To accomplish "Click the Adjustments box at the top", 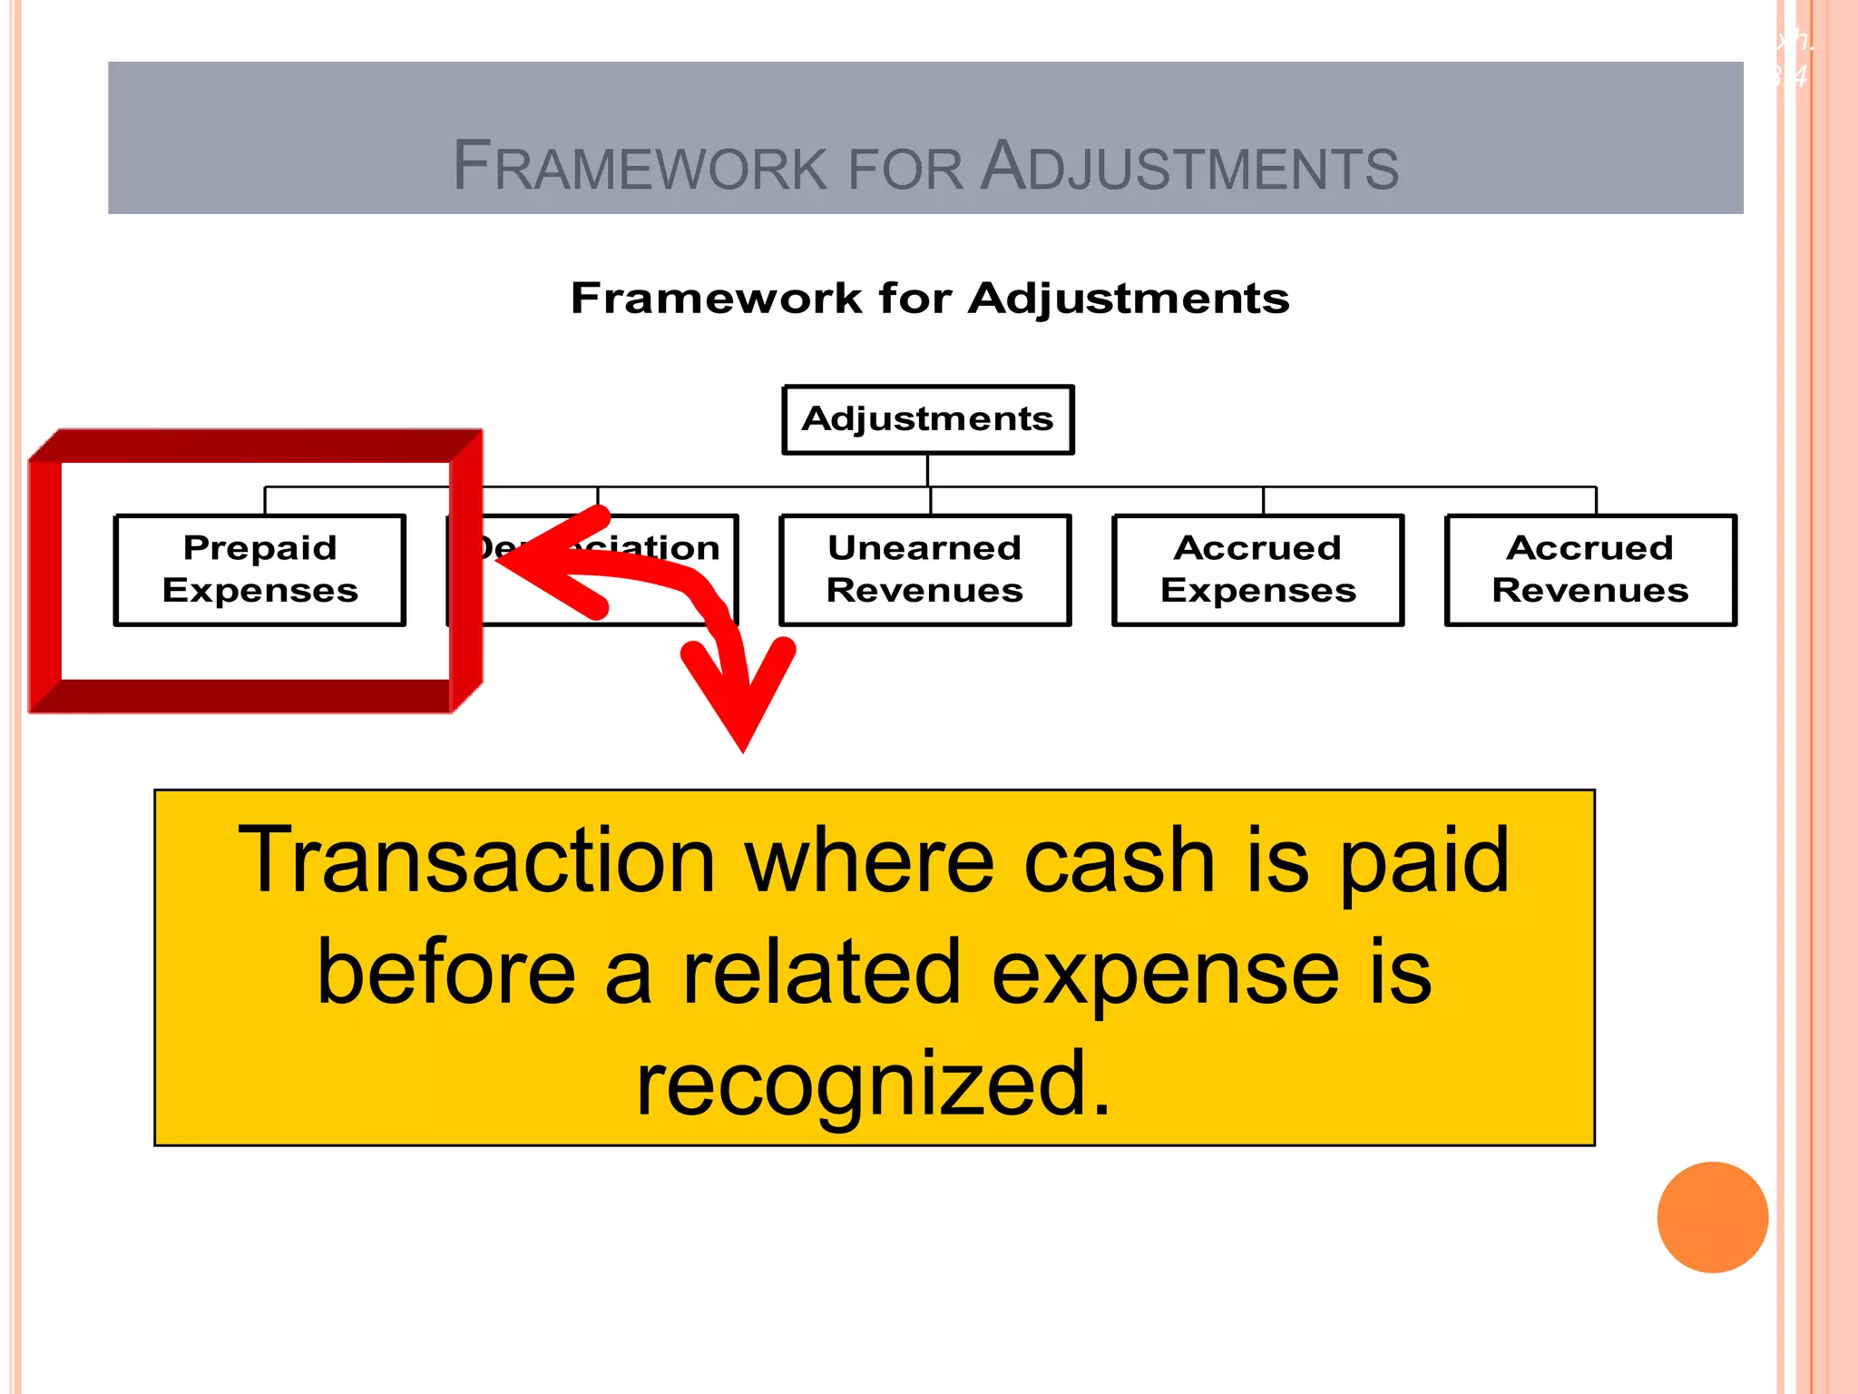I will click(x=927, y=419).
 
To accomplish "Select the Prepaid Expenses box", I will click(x=260, y=570).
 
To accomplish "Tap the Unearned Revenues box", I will click(x=924, y=570).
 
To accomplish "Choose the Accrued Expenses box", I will click(x=1257, y=570).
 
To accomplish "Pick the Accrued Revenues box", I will click(x=1589, y=570).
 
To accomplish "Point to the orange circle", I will click(x=1712, y=1217).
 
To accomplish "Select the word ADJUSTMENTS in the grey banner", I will click(x=1189, y=167).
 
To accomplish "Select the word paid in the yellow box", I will click(x=1424, y=862).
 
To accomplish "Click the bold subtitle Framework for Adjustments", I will click(x=929, y=299).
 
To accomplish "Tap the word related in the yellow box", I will click(x=821, y=973).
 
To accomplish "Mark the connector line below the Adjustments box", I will click(x=927, y=470).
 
